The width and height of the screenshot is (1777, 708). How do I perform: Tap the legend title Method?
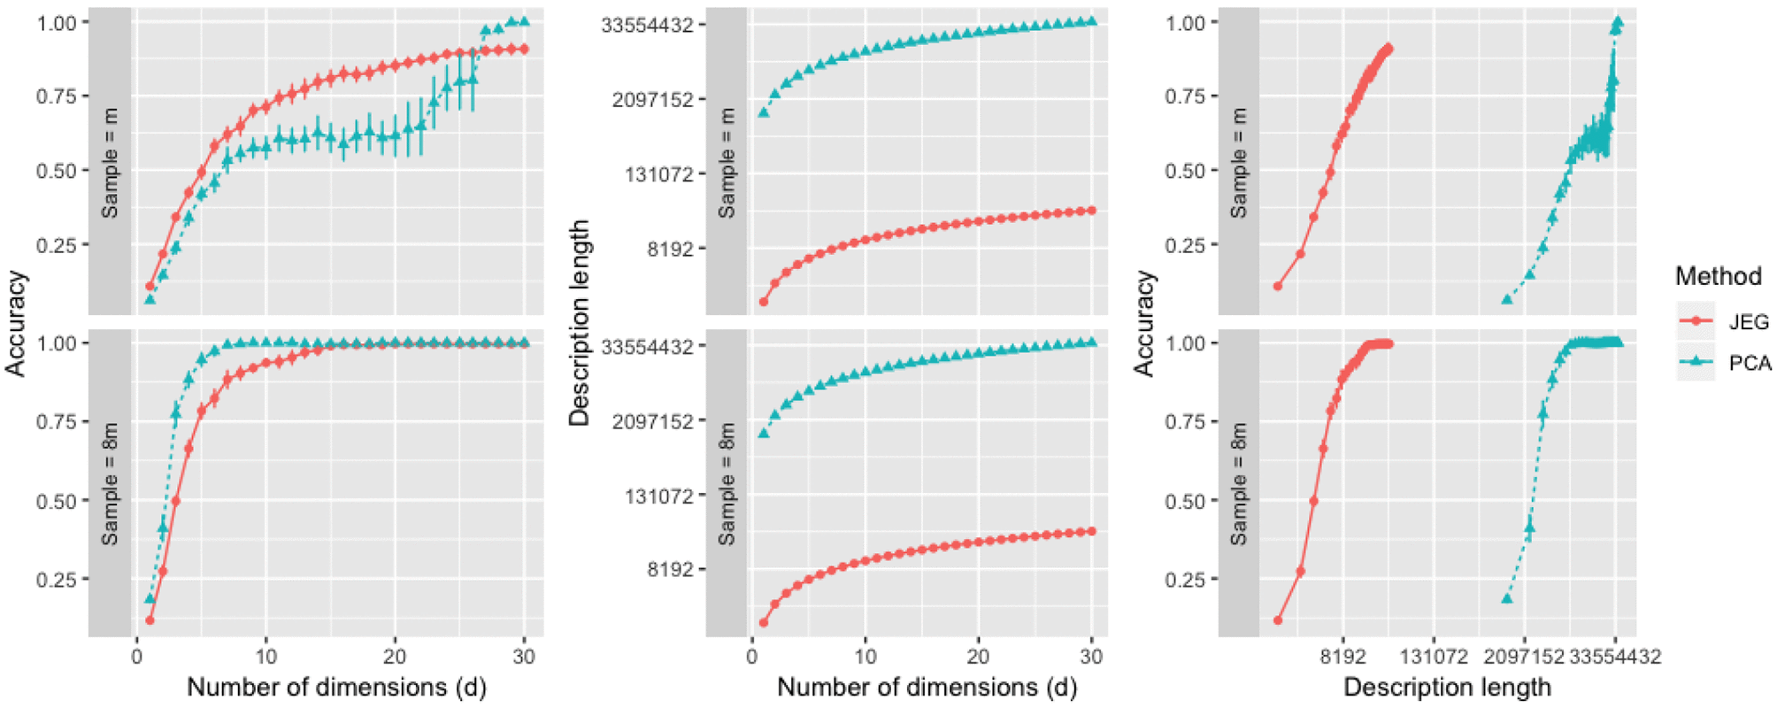[x=1718, y=277]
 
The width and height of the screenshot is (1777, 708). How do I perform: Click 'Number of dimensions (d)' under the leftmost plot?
[x=336, y=688]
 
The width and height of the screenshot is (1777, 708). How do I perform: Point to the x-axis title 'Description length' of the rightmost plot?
[x=1447, y=688]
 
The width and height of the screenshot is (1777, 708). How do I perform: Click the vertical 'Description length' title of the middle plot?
[x=580, y=323]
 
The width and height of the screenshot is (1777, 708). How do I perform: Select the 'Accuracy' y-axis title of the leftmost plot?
[x=16, y=323]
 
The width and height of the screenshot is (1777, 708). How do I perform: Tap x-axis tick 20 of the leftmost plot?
[x=395, y=657]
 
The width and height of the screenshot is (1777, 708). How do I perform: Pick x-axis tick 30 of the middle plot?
[x=1091, y=657]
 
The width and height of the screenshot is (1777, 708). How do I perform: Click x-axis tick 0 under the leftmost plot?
[x=137, y=657]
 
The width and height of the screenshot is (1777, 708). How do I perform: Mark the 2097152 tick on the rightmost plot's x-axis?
[x=1524, y=657]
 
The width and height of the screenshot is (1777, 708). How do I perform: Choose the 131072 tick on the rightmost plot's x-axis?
[x=1433, y=657]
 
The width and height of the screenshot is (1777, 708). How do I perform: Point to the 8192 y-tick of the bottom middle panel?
[x=670, y=569]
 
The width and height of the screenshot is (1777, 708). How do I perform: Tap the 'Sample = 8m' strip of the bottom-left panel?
[x=110, y=483]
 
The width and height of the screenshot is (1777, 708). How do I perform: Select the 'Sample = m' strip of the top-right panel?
[x=1238, y=163]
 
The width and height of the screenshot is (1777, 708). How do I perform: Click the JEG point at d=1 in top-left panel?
[x=150, y=286]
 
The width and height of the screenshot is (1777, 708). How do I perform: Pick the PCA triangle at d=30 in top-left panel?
[x=524, y=21]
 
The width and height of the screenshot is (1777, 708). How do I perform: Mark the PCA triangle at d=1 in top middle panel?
[x=763, y=112]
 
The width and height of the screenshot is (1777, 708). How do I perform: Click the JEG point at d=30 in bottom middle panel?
[x=1091, y=531]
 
